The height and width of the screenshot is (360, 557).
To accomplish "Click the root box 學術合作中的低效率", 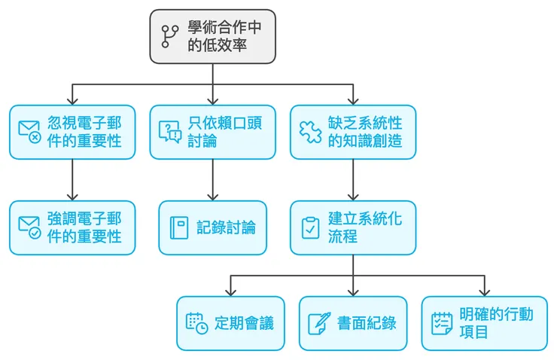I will tap(212, 36).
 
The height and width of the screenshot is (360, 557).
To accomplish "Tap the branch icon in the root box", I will tap(169, 36).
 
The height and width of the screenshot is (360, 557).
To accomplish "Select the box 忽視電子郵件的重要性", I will tap(72, 132).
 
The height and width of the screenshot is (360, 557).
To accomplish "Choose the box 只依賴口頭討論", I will tap(212, 132).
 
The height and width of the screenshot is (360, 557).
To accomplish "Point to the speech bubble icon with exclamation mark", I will tap(169, 132).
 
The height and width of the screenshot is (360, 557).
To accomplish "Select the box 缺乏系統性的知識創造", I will tap(352, 132).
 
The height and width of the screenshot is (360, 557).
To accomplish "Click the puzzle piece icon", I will tap(309, 132).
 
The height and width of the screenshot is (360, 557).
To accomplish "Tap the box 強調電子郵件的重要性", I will tap(72, 227).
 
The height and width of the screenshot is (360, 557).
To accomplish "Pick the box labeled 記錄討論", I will tap(212, 227).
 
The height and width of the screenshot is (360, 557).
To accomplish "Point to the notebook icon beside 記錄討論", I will tap(178, 227).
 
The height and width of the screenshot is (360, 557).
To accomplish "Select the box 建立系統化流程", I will tap(352, 227).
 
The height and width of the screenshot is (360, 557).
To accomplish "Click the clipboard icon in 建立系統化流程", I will tap(309, 227).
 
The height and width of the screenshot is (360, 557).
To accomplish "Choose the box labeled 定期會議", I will tap(230, 323).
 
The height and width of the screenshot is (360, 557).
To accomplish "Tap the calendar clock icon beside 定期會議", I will tap(196, 323).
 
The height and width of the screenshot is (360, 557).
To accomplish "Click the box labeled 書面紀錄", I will tap(352, 323).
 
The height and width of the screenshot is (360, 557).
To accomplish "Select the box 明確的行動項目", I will tap(484, 323).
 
